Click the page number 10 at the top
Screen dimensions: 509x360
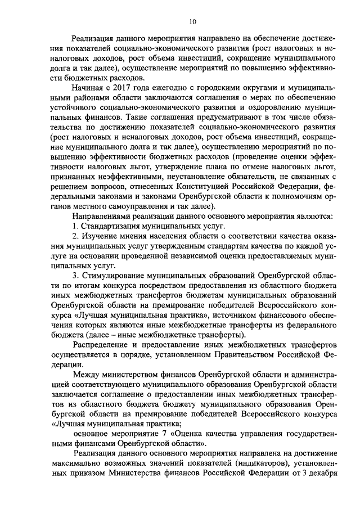(x=192, y=22)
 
